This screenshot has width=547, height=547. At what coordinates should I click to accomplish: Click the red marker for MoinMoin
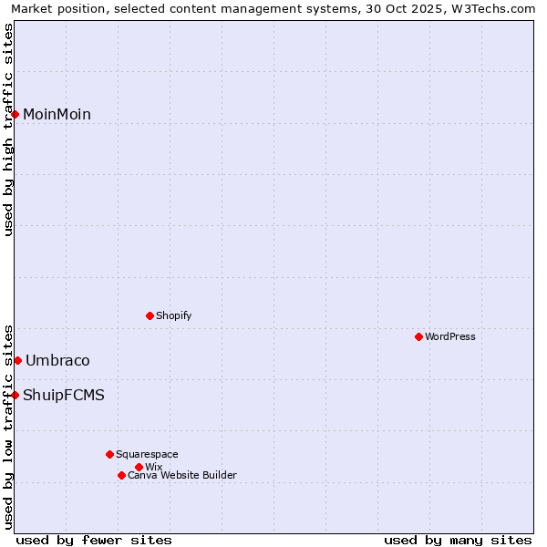pos(15,114)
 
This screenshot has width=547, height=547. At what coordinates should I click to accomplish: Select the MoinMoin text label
pos(57,115)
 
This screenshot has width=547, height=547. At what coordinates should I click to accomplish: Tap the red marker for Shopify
pos(150,315)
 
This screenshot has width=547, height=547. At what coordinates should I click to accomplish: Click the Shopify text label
pos(173,315)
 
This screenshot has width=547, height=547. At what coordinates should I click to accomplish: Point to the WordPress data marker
pos(418,336)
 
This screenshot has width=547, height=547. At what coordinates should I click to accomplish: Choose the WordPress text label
pos(449,336)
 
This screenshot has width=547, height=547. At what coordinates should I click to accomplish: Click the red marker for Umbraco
pos(17,360)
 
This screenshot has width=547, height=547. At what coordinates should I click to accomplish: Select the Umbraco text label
pos(57,361)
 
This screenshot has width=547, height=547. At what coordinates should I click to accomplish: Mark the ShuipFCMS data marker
pos(15,395)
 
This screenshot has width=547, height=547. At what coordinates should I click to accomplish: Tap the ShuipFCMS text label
pos(64,396)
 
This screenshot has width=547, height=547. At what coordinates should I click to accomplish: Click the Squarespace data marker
pos(109,454)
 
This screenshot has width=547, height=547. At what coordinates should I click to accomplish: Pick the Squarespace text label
pos(147,454)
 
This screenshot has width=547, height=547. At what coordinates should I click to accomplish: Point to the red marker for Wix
pos(139,467)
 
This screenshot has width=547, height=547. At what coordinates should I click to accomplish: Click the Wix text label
pos(153,467)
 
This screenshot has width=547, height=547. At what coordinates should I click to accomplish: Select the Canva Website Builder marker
pos(121,475)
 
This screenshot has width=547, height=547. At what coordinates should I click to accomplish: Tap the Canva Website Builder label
pos(181,475)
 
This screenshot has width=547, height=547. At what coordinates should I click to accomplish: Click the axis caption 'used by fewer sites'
pos(94,540)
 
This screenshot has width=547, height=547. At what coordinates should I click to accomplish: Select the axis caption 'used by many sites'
pos(458,540)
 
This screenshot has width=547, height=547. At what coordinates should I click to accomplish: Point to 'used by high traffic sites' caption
pos(8,129)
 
